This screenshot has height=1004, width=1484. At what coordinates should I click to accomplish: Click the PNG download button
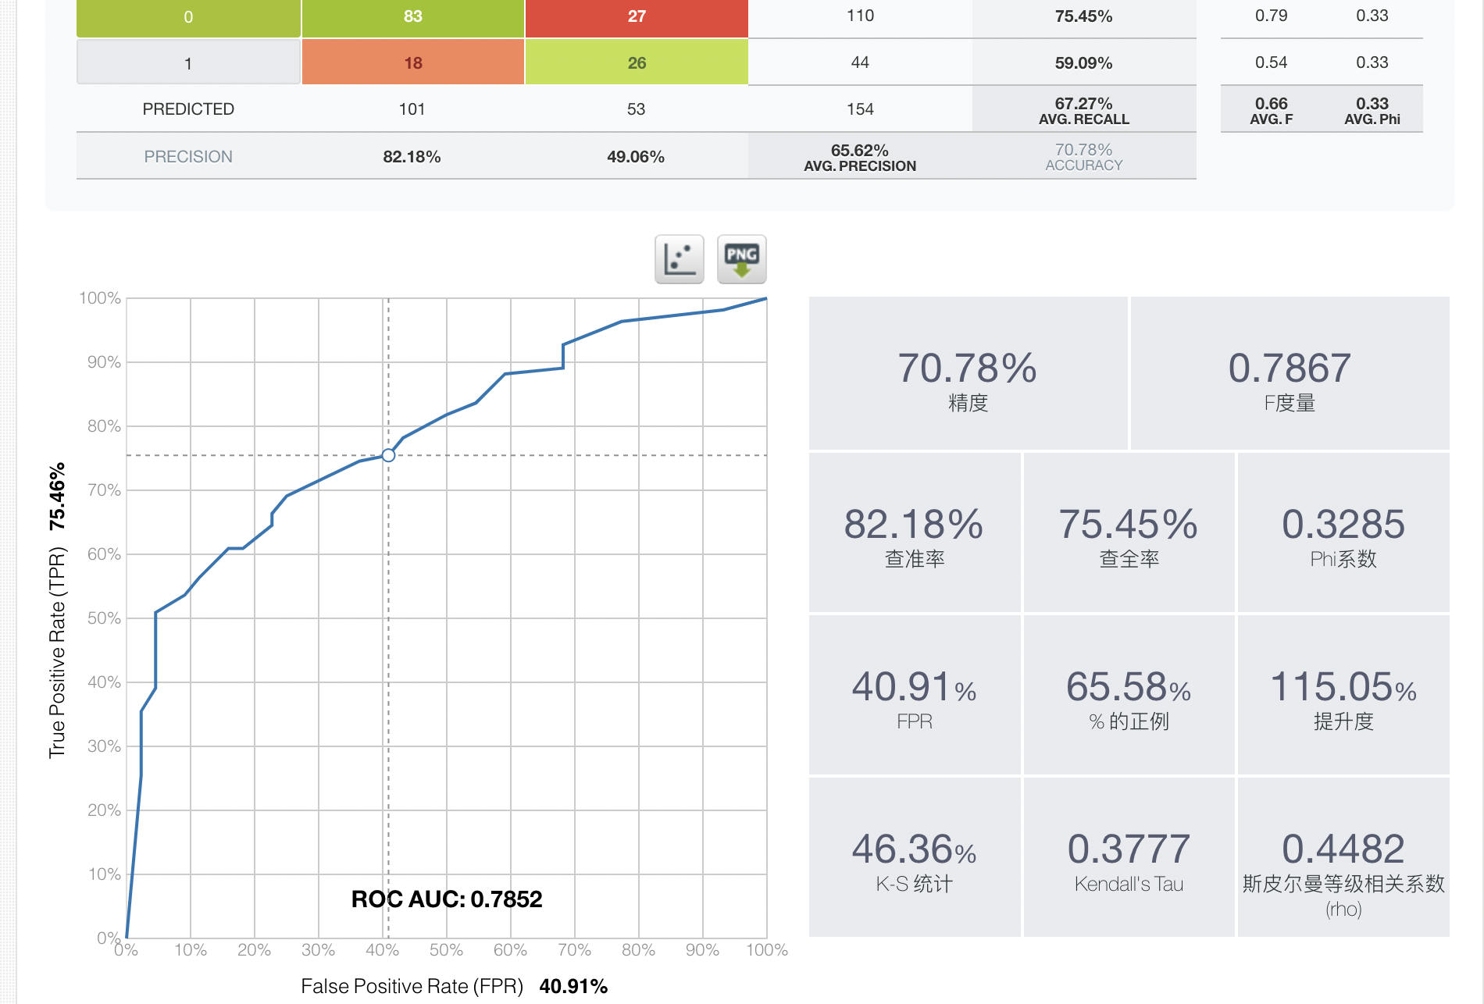coord(741,259)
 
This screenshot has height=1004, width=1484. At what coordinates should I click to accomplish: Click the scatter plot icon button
coord(679,259)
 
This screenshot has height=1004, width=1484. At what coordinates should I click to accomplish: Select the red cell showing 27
coord(637,17)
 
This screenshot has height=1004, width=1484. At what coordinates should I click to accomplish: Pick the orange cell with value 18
coord(412,62)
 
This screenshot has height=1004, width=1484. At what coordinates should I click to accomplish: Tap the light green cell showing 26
coord(637,62)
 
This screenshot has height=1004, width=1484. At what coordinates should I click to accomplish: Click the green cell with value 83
coord(412,17)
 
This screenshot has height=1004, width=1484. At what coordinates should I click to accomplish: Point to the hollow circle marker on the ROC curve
coord(388,455)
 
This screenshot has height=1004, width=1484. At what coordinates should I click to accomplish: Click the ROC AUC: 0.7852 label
coord(446,899)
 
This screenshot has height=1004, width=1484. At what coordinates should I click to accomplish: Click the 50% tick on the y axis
coord(104,618)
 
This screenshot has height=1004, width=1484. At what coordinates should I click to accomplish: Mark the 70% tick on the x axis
coord(574,950)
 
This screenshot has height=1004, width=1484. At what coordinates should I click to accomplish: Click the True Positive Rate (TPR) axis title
coord(57,652)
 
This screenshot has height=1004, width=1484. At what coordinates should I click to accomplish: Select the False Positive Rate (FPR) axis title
coord(412,986)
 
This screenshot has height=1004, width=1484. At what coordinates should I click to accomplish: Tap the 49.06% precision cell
coord(636,157)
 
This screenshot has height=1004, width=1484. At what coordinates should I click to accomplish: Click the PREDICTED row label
coord(188,109)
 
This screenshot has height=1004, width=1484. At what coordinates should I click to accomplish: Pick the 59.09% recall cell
coord(1083,63)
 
